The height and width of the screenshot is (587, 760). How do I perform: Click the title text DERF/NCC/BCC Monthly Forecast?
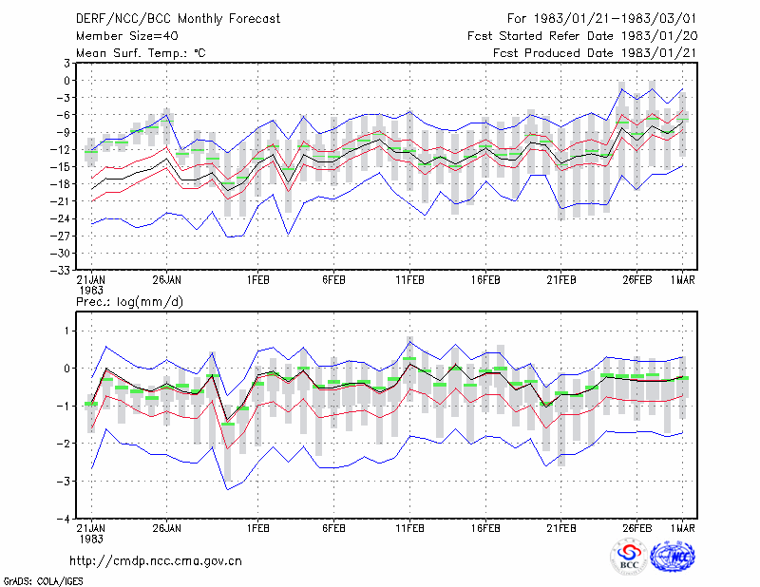pyautogui.click(x=178, y=19)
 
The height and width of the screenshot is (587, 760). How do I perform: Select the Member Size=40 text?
pyautogui.click(x=127, y=36)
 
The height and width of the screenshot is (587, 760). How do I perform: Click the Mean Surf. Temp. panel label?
pyautogui.click(x=141, y=53)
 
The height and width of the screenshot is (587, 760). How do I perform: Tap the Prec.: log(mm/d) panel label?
pyautogui.click(x=129, y=302)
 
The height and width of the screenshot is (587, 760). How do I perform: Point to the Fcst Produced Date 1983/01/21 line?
pyautogui.click(x=595, y=53)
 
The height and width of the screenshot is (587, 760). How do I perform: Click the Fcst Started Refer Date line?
pyautogui.click(x=582, y=36)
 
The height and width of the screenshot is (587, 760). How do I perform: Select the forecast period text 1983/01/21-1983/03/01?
pyautogui.click(x=615, y=19)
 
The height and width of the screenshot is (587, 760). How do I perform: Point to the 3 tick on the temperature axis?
pyautogui.click(x=66, y=63)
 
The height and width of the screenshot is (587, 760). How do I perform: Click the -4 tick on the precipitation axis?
pyautogui.click(x=64, y=520)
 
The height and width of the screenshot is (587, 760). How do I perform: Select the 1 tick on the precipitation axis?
pyautogui.click(x=67, y=331)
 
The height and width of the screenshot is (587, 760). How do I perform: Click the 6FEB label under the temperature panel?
pyautogui.click(x=334, y=280)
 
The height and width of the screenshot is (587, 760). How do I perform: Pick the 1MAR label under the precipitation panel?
pyautogui.click(x=682, y=528)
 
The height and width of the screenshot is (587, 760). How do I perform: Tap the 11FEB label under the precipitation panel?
pyautogui.click(x=409, y=528)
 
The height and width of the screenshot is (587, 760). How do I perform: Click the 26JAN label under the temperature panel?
pyautogui.click(x=167, y=280)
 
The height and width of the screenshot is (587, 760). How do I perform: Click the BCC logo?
pyautogui.click(x=629, y=558)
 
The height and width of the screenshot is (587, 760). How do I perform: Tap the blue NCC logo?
pyautogui.click(x=673, y=558)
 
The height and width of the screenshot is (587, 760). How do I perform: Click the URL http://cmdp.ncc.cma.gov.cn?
pyautogui.click(x=156, y=561)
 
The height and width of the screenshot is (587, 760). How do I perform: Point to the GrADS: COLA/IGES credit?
pyautogui.click(x=43, y=581)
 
